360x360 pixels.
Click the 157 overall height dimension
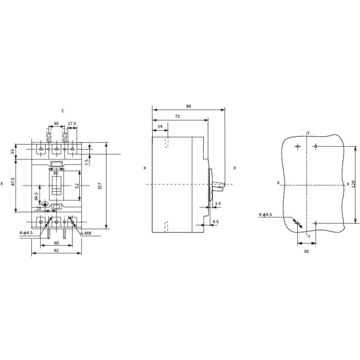(x=100, y=186)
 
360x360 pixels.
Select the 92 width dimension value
(x=56, y=250)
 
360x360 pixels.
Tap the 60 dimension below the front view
(x=56, y=243)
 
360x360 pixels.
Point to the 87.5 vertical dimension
(x=13, y=182)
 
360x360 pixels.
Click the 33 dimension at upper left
(x=13, y=152)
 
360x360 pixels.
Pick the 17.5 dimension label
(x=72, y=123)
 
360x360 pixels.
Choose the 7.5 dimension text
(x=87, y=163)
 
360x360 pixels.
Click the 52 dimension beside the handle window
(x=77, y=186)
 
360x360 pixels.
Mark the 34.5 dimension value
(x=36, y=196)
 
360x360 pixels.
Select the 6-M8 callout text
(x=86, y=233)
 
